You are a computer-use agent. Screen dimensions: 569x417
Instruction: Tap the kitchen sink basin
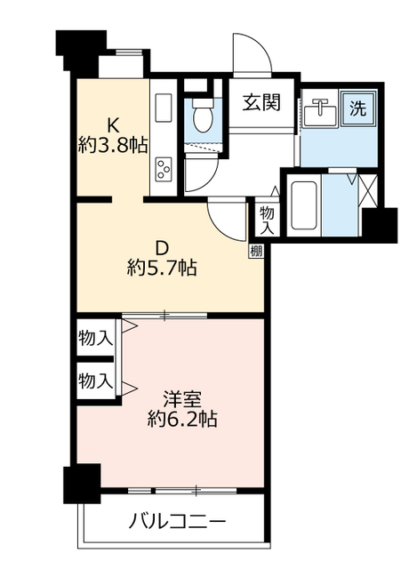click(x=164, y=108)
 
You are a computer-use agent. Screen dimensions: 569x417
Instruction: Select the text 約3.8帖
click(x=113, y=146)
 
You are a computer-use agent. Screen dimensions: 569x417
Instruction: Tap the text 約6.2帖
click(x=182, y=418)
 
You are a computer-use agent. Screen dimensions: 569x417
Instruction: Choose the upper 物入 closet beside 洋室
click(x=95, y=338)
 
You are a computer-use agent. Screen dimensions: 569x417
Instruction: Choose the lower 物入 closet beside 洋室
click(x=95, y=382)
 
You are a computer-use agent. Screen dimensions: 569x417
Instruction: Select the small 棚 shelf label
click(x=256, y=252)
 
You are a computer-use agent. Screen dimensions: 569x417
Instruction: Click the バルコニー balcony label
click(x=179, y=521)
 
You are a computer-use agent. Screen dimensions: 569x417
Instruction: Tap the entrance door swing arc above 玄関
click(x=253, y=53)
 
